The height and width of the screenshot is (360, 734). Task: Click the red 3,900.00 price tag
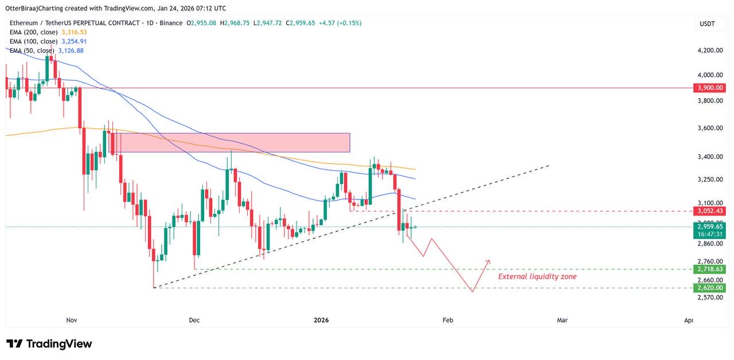click(709, 88)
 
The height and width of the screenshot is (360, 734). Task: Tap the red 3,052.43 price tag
click(709, 211)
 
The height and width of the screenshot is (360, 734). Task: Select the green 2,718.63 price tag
click(709, 269)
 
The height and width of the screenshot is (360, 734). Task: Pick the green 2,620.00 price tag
click(709, 287)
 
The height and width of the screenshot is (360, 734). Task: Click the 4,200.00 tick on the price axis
click(709, 50)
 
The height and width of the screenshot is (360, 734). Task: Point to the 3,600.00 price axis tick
click(709, 128)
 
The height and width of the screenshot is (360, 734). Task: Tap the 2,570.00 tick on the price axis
click(709, 298)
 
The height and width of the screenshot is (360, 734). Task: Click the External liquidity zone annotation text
click(537, 276)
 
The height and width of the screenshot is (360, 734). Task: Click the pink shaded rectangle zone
click(229, 143)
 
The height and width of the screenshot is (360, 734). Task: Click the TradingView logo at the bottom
click(49, 344)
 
